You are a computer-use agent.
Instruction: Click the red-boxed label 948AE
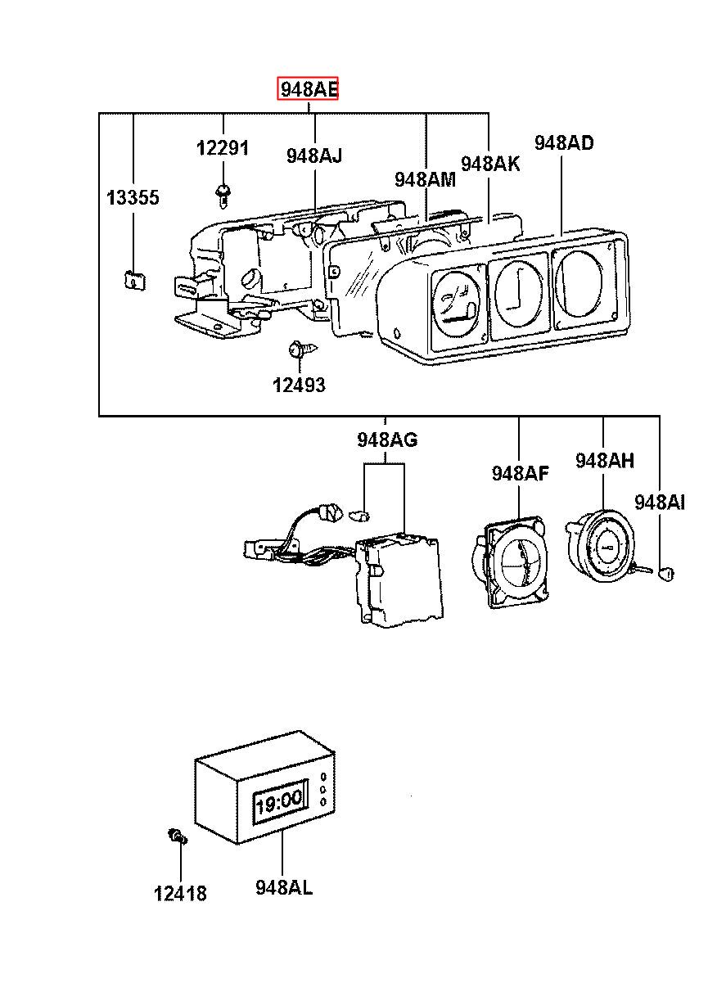click(x=308, y=89)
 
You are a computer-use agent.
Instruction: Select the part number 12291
click(x=223, y=148)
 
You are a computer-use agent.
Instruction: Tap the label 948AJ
click(x=314, y=156)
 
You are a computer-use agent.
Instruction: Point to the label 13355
click(x=133, y=197)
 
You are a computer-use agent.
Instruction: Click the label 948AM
click(x=425, y=179)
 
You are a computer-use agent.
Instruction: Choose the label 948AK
click(x=490, y=164)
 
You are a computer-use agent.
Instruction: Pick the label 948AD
click(x=564, y=142)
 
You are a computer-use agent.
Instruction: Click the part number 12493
click(x=299, y=385)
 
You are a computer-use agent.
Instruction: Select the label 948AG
click(x=387, y=440)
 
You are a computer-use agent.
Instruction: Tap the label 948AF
click(x=521, y=473)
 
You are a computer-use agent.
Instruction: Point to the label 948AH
click(x=605, y=461)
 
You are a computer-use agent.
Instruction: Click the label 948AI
click(x=660, y=503)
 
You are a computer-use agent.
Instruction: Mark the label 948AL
click(x=284, y=887)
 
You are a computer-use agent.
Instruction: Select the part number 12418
click(x=180, y=893)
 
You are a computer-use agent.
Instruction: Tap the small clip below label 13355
click(x=133, y=280)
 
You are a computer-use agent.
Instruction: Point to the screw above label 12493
click(x=303, y=349)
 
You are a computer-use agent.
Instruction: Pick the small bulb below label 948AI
click(x=666, y=575)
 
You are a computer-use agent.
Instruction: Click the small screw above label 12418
click(x=178, y=836)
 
